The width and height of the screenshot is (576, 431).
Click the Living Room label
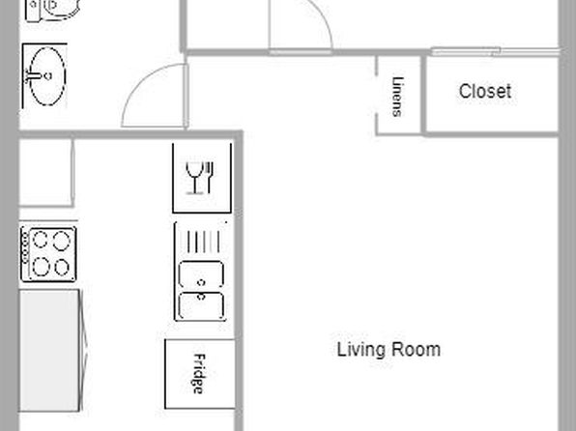point(389,350)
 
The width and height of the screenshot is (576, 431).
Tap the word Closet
point(485,91)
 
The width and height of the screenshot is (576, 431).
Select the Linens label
point(397,97)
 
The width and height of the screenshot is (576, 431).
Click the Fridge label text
point(199,374)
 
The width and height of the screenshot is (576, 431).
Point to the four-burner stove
point(48,254)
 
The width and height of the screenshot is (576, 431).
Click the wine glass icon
point(194,178)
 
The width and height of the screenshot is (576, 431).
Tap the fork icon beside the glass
point(210,178)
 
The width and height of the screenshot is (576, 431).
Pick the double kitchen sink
point(201,290)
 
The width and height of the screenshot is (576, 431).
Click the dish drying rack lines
point(204,242)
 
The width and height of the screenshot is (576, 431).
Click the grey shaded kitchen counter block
point(49,350)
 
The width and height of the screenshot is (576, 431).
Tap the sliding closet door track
point(494,51)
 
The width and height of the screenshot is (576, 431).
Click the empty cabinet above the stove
point(46,173)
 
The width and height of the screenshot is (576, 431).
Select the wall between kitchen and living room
point(239,281)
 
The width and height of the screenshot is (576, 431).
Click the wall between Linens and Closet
point(423,96)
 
